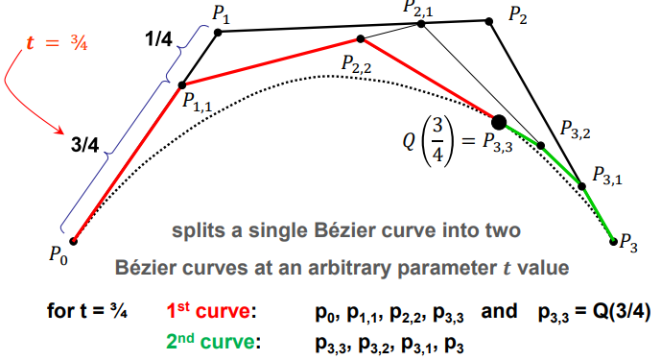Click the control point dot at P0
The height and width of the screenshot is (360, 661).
73,241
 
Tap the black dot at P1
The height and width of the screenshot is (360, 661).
218,32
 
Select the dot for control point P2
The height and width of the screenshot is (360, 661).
489,21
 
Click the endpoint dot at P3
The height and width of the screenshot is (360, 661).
613,242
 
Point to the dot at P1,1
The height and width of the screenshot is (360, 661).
182,85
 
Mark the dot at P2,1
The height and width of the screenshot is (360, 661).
421,24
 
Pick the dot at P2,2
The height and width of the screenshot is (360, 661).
361,38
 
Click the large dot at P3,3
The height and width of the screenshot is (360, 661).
499,122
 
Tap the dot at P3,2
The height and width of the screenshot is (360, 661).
541,146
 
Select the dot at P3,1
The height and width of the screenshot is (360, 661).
581,186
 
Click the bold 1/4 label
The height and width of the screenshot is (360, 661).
158,39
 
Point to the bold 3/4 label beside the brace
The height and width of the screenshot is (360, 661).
84,145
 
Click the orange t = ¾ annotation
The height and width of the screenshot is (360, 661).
57,43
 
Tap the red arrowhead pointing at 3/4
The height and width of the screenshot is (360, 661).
60,130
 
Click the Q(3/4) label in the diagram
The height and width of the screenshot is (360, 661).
429,141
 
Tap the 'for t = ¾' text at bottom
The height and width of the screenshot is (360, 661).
87,311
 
